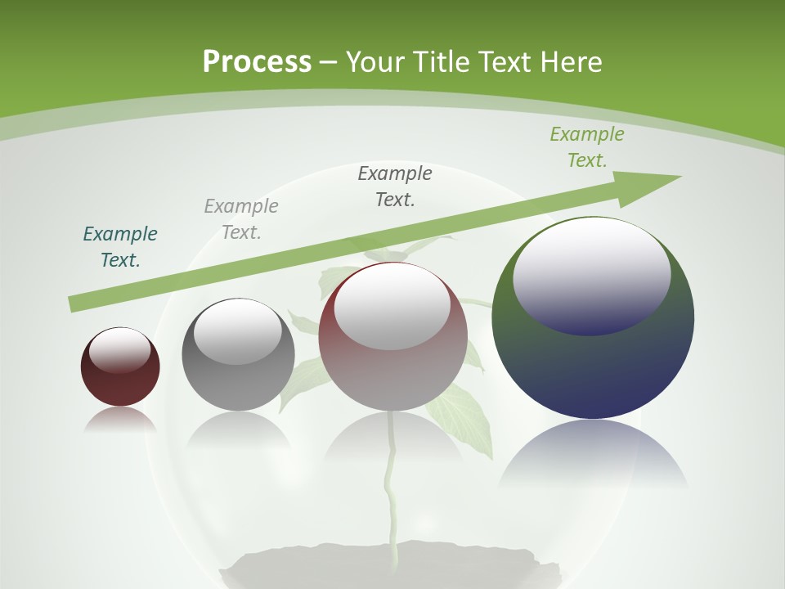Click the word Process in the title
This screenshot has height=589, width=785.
[257, 61]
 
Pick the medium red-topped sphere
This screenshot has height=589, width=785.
[393, 344]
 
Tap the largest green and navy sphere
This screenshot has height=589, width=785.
[593, 352]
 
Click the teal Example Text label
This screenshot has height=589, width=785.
[120, 247]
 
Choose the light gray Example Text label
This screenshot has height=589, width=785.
[241, 219]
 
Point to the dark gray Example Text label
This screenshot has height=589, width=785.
[395, 187]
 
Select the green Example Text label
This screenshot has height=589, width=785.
[587, 147]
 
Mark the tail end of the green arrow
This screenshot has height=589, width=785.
[75, 304]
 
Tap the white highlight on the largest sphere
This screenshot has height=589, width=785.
[592, 274]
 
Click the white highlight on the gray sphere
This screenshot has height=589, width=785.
[238, 332]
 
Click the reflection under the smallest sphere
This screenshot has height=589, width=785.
[120, 419]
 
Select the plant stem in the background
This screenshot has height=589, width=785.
[392, 491]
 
